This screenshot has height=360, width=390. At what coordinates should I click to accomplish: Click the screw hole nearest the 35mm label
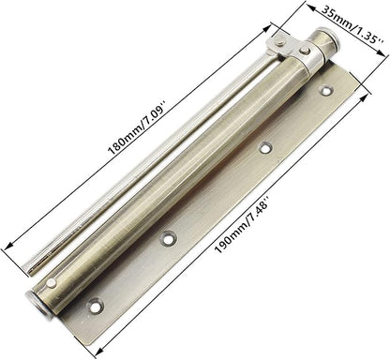(x=326, y=92)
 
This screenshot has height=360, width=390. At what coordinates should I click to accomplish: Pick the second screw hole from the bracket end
(x=265, y=147)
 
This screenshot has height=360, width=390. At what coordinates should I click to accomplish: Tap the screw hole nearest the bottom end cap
(x=94, y=305)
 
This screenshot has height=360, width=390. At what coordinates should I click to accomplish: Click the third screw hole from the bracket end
(x=170, y=235)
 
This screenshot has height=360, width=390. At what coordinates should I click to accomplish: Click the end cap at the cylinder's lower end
(x=37, y=301)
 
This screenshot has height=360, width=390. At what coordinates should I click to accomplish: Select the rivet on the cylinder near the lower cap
(x=52, y=282)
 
